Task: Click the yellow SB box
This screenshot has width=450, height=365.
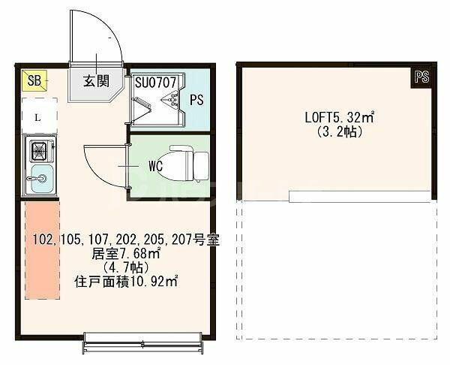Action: [x=34, y=81]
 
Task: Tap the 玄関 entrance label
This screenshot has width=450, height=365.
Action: [x=96, y=81]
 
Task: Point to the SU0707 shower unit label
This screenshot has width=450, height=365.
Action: [x=155, y=83]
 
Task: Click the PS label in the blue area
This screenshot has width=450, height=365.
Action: [x=196, y=100]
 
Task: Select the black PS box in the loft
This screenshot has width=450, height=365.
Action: [x=421, y=77]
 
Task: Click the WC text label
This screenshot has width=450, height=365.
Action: [x=155, y=166]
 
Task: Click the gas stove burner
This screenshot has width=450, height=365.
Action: [x=39, y=150]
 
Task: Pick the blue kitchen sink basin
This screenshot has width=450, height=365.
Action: [x=42, y=179]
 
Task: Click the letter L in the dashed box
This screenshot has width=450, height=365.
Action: [x=37, y=118]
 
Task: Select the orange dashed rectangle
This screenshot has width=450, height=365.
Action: [x=42, y=250]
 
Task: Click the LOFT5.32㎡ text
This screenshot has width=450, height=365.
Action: [x=340, y=117]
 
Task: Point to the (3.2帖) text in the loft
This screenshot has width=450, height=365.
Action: [x=340, y=132]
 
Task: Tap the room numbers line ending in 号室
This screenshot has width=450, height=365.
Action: [x=126, y=240]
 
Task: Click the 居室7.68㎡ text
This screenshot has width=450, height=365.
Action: [x=126, y=254]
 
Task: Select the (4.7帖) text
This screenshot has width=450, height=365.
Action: [x=126, y=268]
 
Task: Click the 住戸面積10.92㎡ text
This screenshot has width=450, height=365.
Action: [x=126, y=282]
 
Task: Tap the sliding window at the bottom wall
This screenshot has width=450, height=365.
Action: [x=143, y=343]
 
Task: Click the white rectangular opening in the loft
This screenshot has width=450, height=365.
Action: [x=360, y=196]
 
